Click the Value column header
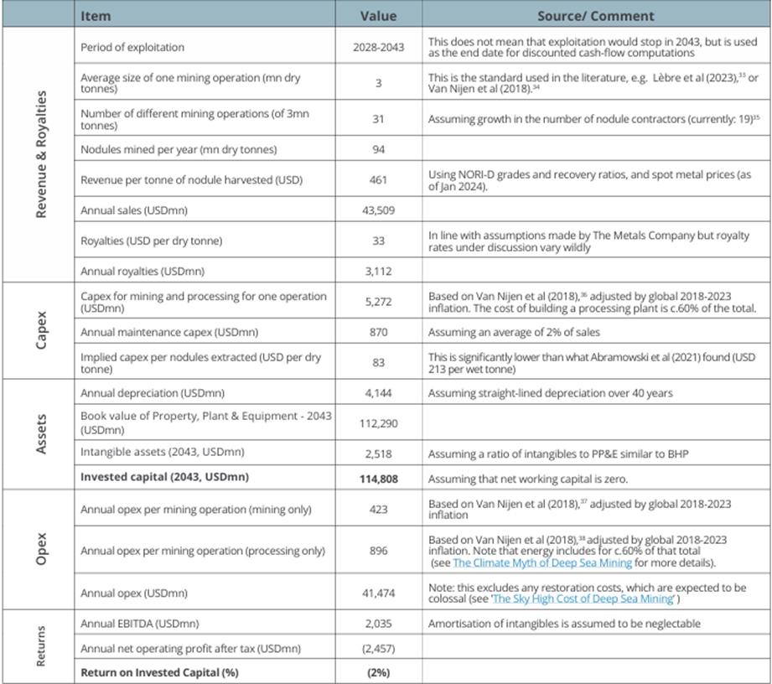pos(378,16)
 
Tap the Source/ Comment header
pos(596,16)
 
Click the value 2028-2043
pos(378,47)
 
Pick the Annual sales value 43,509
pos(378,210)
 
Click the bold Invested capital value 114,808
pos(378,479)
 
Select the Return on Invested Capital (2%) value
pos(378,672)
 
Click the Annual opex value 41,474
pos(378,592)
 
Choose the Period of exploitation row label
pos(132,47)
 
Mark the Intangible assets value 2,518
pos(378,453)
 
